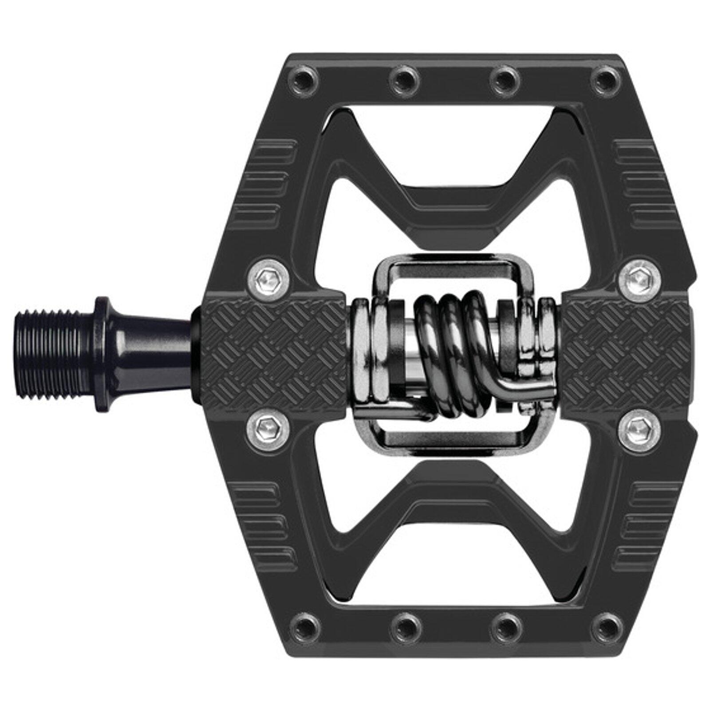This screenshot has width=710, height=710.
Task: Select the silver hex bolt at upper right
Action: tap(638, 278)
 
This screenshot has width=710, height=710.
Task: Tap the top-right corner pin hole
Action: tap(603, 80)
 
